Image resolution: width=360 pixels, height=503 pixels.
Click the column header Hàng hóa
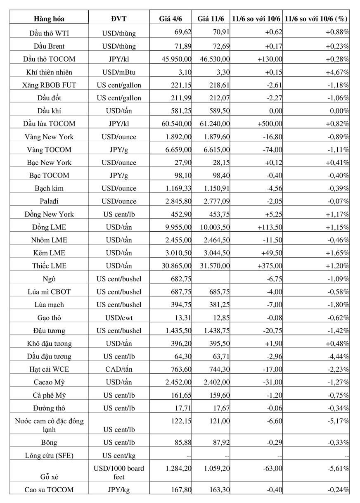point(49,19)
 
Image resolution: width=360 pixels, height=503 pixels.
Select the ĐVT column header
point(118,19)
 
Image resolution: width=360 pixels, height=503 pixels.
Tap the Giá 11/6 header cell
point(211,19)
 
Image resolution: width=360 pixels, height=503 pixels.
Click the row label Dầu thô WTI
point(49,33)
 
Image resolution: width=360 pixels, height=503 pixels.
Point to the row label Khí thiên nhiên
point(49,72)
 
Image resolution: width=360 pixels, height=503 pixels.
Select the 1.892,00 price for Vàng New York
point(178,137)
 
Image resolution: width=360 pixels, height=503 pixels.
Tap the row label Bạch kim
point(49,188)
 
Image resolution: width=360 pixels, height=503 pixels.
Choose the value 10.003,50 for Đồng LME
point(215,227)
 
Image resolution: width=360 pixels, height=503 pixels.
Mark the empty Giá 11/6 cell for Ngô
point(211,279)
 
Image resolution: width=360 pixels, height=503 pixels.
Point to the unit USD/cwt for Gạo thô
point(118,318)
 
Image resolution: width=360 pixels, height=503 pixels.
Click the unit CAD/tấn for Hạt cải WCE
point(118,370)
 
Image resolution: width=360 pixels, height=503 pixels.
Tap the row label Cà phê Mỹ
point(49,395)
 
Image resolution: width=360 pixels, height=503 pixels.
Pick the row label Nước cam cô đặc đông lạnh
point(49,425)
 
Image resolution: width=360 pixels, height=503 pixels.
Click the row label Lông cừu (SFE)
point(49,456)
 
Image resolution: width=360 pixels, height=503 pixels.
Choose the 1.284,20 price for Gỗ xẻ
point(178,468)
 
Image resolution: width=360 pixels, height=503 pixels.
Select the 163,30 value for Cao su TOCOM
point(218,490)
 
